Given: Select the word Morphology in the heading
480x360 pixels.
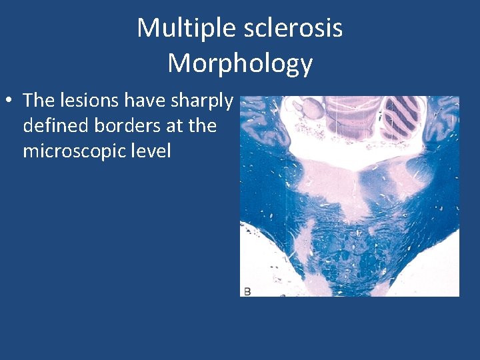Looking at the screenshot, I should (240, 63).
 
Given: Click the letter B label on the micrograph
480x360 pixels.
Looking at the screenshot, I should (247, 291).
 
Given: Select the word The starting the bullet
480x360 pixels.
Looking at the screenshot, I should (37, 101).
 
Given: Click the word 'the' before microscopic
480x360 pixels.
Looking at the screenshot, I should (203, 125).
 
